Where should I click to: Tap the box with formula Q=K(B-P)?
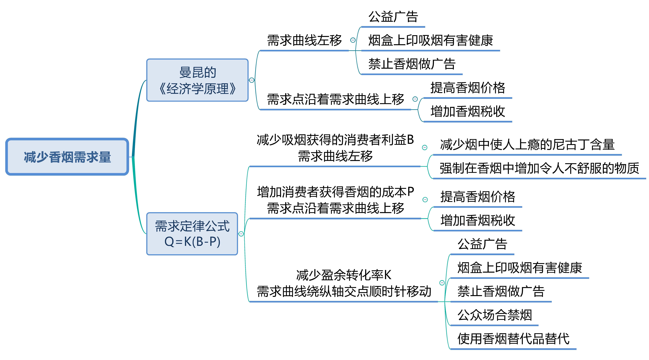[192, 234]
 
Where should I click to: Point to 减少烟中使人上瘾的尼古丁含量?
[527, 145]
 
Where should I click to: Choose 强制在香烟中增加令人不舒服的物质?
[539, 168]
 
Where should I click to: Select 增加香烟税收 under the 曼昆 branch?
[468, 111]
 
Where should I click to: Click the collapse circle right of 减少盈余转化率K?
[442, 283]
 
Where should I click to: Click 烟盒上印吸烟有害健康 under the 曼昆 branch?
[431, 40]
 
